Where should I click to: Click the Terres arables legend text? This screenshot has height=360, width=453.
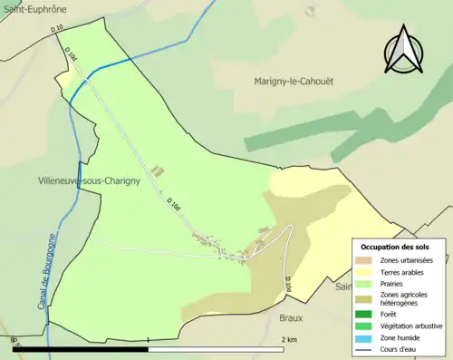tap(408, 271)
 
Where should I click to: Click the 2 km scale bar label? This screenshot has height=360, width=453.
tap(289, 339)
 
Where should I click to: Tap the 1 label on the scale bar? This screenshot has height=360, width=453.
tap(149, 339)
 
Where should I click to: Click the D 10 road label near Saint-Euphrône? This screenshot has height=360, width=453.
tap(58, 29)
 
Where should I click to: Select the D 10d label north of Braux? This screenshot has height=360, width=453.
tap(287, 285)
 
